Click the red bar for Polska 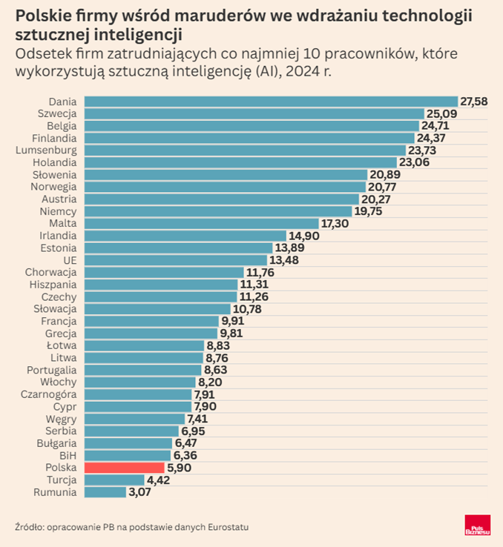pyautogui.click(x=124, y=468)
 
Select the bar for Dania pyautogui.click(x=271, y=102)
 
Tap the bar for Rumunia pyautogui.click(x=105, y=491)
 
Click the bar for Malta pyautogui.click(x=201, y=223)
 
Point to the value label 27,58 pyautogui.click(x=474, y=102)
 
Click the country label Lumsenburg pyautogui.click(x=46, y=150)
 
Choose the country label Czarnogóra pyautogui.click(x=48, y=394)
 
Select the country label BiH pyautogui.click(x=68, y=455)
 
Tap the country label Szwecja pyautogui.click(x=57, y=113)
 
